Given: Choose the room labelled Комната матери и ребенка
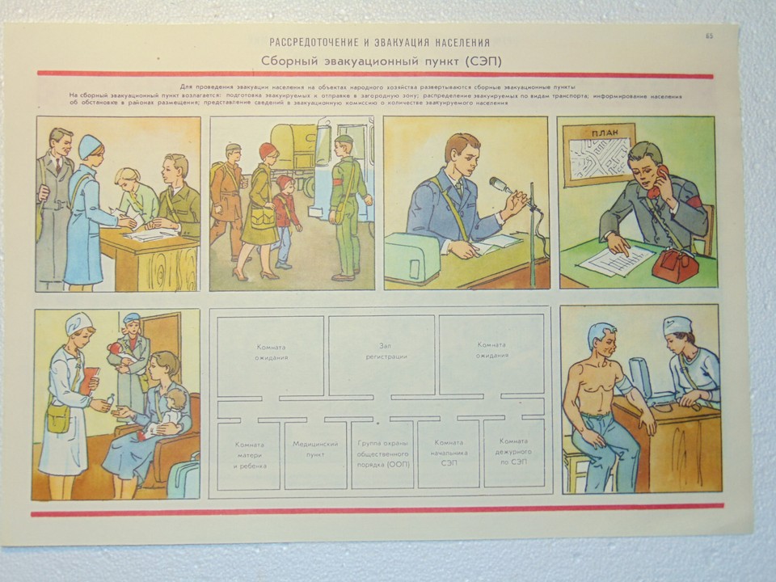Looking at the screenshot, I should point(248,453).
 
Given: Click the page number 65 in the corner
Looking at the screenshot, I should point(709,36).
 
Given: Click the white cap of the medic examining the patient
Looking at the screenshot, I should point(677,325).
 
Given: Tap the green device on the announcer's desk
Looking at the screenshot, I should point(412,257).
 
